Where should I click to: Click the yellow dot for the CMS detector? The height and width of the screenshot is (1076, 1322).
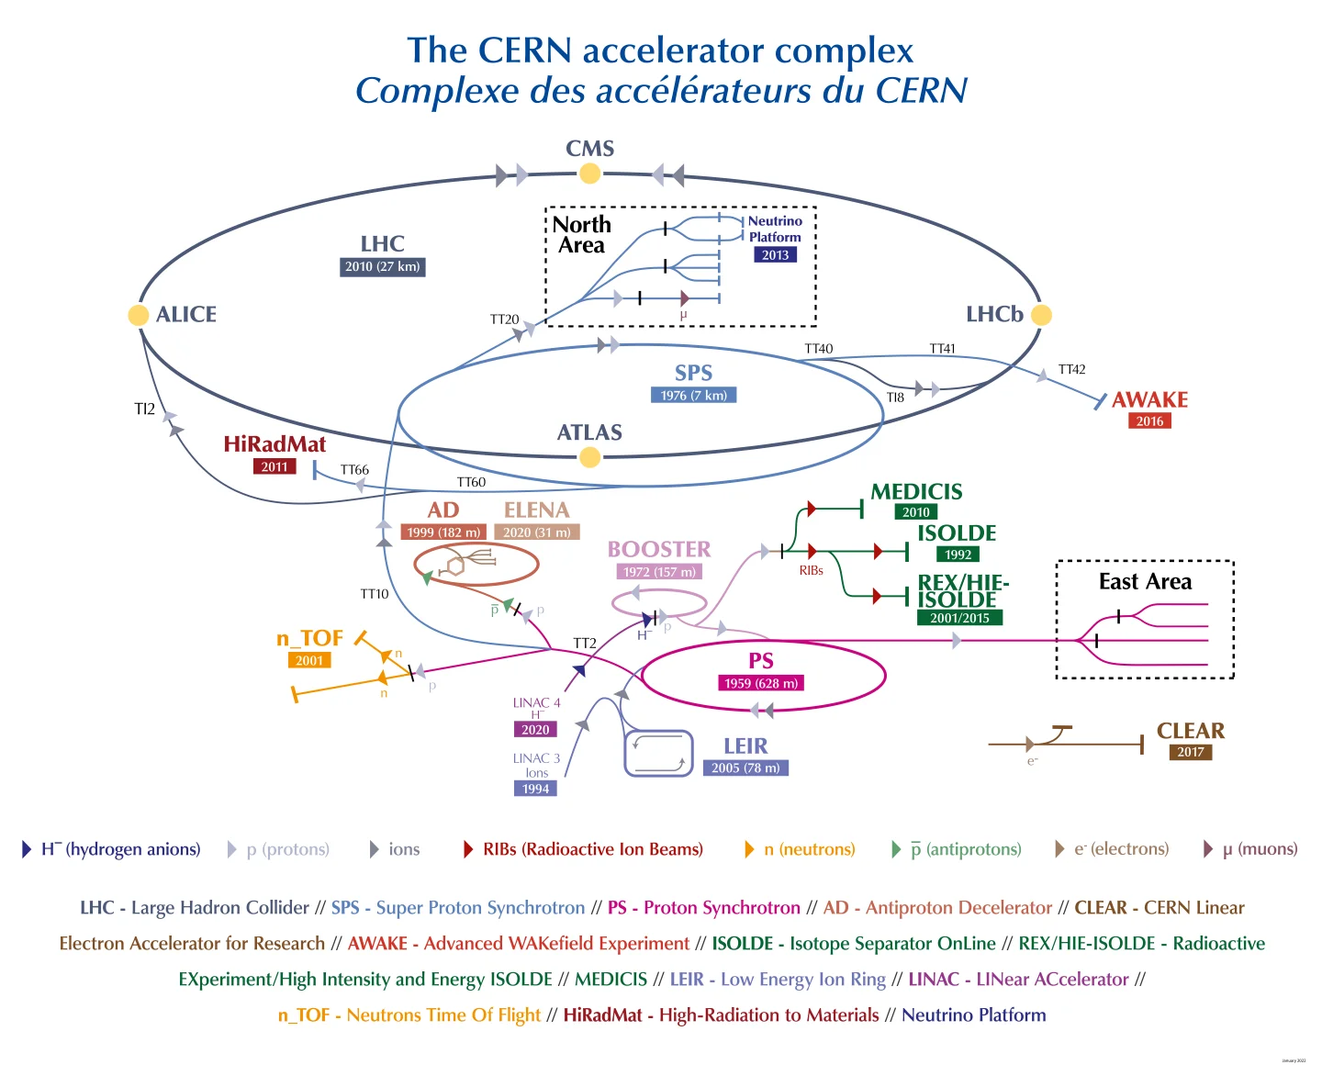[x=590, y=174]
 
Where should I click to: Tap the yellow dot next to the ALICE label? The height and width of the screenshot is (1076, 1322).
[x=139, y=315]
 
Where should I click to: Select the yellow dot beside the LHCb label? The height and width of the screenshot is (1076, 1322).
[x=1041, y=315]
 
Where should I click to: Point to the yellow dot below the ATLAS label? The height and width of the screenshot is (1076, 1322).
[x=590, y=457]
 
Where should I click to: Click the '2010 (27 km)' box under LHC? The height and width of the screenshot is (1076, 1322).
[x=382, y=267]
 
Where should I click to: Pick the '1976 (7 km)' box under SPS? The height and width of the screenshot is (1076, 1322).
[x=693, y=396]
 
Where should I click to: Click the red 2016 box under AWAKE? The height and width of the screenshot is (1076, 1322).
[x=1149, y=421]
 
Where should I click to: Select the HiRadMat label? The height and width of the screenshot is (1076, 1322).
[x=274, y=444]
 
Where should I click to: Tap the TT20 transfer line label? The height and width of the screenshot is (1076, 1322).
[x=504, y=319]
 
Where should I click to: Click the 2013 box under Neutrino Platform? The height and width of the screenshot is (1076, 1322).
[x=775, y=255]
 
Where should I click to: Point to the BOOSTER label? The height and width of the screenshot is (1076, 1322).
[x=659, y=549]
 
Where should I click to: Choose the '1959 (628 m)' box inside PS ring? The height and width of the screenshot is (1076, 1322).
[x=761, y=683]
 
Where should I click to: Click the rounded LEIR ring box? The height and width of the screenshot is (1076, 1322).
[x=658, y=754]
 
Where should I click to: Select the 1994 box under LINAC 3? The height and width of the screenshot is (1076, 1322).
[x=535, y=789]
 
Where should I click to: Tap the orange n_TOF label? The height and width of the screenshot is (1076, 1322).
[x=309, y=638]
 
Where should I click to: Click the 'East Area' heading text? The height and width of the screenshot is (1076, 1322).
[x=1145, y=582]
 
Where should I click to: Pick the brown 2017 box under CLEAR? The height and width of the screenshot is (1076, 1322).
[x=1191, y=752]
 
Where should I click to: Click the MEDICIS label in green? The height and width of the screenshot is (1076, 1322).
[x=916, y=492]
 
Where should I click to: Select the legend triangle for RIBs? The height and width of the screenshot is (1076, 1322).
[x=468, y=849]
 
